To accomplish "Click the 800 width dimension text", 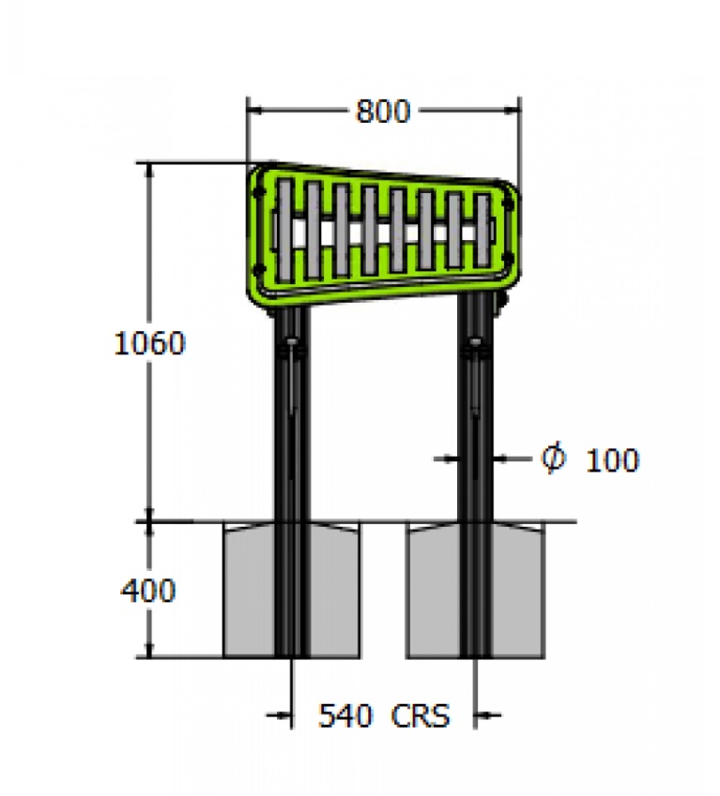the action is [383, 112].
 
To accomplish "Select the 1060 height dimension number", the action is [149, 343].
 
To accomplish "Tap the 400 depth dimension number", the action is [148, 590].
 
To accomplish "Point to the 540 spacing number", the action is [345, 715].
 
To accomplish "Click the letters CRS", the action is [421, 715].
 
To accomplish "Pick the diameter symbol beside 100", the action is [553, 458].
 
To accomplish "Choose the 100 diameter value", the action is [612, 460].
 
